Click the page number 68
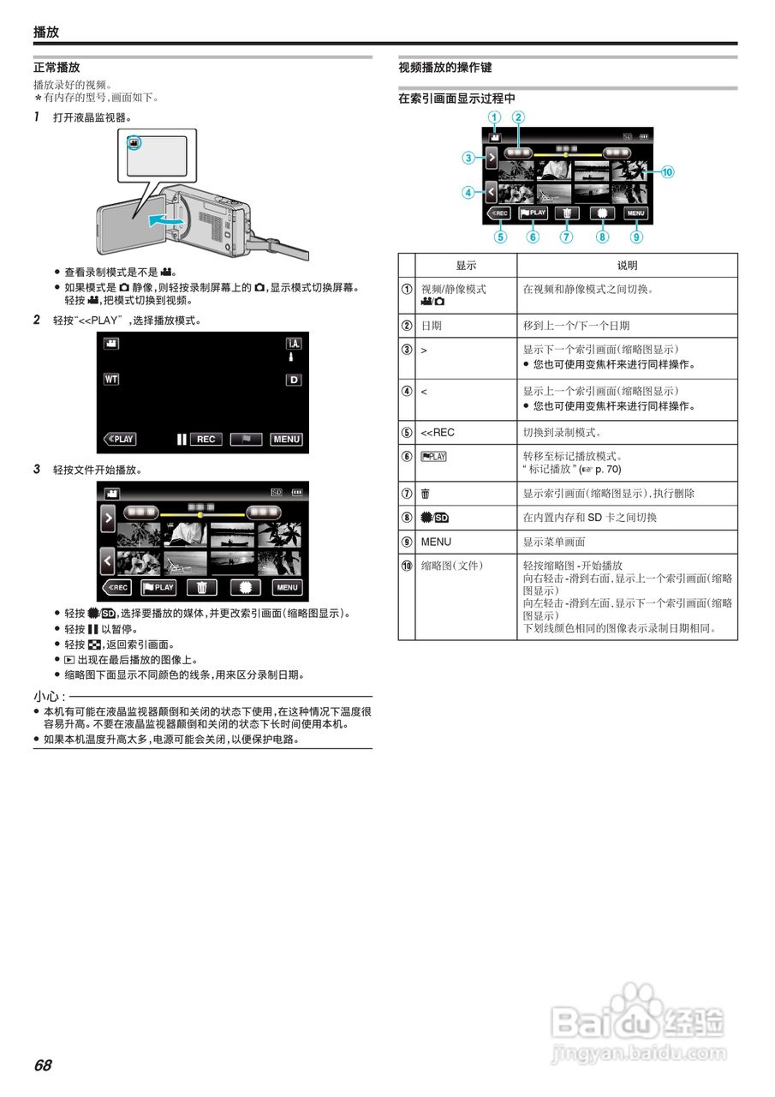[x=43, y=1065]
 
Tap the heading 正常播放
[x=57, y=67]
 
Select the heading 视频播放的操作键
[x=445, y=67]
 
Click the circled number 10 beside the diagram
[x=667, y=171]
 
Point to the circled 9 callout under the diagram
[x=636, y=237]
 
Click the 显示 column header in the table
[x=466, y=266]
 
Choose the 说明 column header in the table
[x=627, y=266]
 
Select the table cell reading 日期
[x=432, y=326]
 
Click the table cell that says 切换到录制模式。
[x=562, y=432]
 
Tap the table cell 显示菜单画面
[x=554, y=542]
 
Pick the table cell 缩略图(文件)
[x=452, y=566]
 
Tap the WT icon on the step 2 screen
[x=111, y=378]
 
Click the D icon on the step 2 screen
[x=294, y=379]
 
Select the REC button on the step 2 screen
[x=206, y=439]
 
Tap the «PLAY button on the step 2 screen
[x=120, y=439]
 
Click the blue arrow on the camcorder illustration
[x=164, y=221]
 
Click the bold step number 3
[x=37, y=470]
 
